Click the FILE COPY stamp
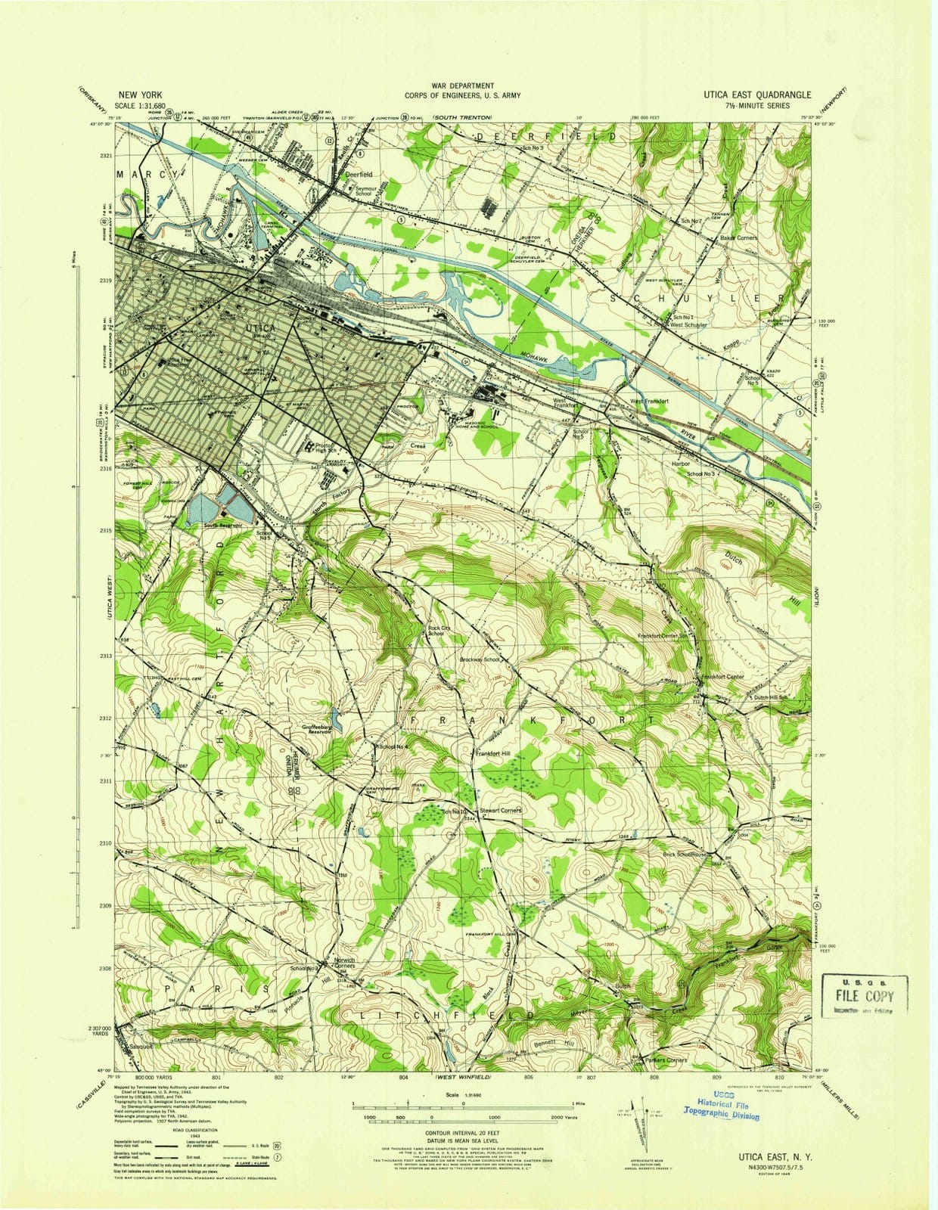pyautogui.click(x=863, y=995)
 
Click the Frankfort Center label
pyautogui.click(x=723, y=676)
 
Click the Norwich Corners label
pyautogui.click(x=344, y=964)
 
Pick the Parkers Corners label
pyautogui.click(x=666, y=1060)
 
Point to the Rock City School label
pyautogui.click(x=436, y=631)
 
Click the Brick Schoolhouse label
pyautogui.click(x=687, y=855)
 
